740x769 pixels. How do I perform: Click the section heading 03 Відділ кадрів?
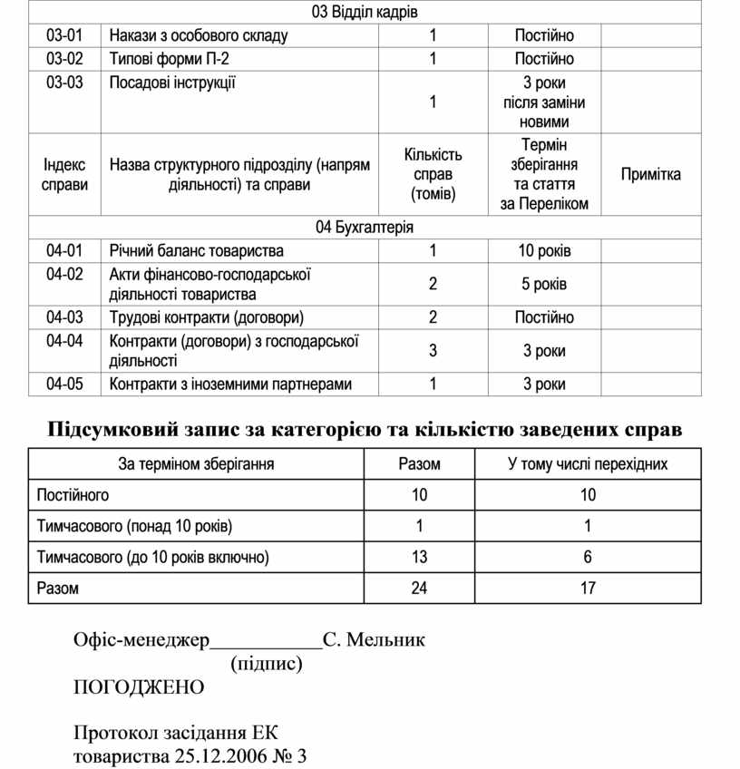[365, 12]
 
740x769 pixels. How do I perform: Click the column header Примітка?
[650, 174]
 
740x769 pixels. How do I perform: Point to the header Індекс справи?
[65, 174]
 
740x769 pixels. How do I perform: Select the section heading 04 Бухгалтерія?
[365, 227]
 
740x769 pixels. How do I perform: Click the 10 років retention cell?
[544, 250]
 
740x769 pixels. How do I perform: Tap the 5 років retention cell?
[544, 284]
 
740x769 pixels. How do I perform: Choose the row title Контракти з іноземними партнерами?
[230, 384]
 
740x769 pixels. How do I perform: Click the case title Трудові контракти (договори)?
[206, 317]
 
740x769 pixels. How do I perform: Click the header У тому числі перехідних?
[588, 464]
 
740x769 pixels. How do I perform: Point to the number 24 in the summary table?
[419, 588]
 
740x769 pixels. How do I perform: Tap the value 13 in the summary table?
[419, 557]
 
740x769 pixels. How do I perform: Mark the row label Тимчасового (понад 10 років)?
[133, 526]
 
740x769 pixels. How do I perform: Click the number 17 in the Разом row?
[588, 588]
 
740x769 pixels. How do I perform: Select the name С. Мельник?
[374, 640]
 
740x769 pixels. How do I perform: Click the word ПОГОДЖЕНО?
[139, 686]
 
